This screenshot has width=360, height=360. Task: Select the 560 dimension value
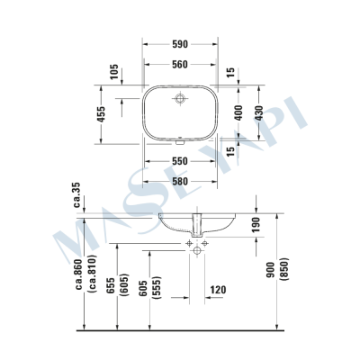179,65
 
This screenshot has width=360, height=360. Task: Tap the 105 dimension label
114,73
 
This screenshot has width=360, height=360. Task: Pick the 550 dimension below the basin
179,162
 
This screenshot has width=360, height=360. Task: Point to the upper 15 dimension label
230,72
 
